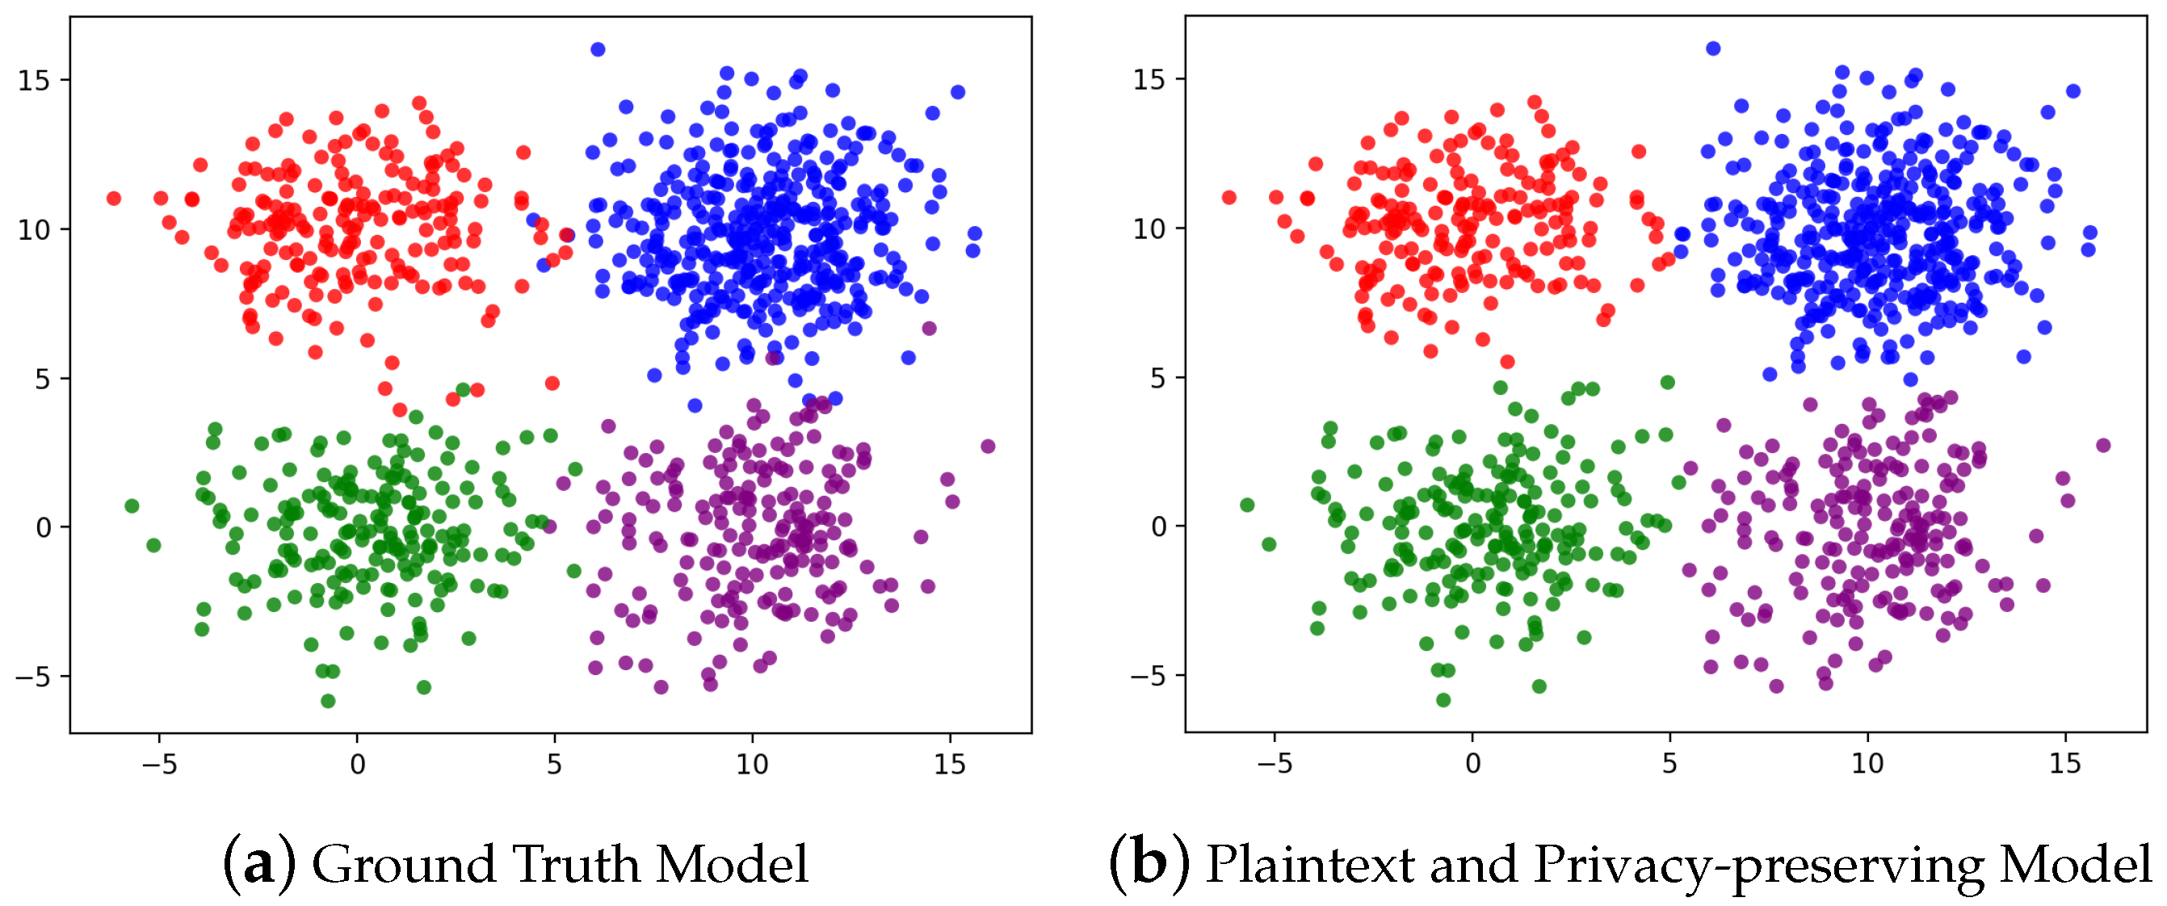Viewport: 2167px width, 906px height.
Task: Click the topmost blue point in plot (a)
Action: pyautogui.click(x=597, y=49)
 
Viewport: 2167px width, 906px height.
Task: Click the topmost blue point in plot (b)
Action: pyautogui.click(x=1713, y=48)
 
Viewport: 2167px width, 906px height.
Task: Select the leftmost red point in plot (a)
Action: pyautogui.click(x=114, y=199)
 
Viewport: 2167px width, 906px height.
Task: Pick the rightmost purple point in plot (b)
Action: pyautogui.click(x=2103, y=445)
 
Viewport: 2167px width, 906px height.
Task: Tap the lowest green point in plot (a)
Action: pyautogui.click(x=328, y=701)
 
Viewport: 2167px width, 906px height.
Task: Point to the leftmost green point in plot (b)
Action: pyautogui.click(x=1247, y=505)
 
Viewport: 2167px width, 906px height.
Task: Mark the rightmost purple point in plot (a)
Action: pyautogui.click(x=988, y=446)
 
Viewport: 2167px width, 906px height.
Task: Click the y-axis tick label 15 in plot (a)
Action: pyautogui.click(x=34, y=81)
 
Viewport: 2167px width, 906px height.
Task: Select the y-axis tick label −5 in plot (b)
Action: pyautogui.click(x=1148, y=676)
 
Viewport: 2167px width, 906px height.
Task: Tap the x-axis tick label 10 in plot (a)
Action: pyautogui.click(x=752, y=764)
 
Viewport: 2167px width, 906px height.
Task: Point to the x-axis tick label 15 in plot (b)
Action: pyautogui.click(x=2065, y=763)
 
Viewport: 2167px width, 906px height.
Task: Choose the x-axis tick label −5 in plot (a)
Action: pyautogui.click(x=158, y=764)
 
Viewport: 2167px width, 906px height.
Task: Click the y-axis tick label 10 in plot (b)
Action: pyautogui.click(x=1149, y=228)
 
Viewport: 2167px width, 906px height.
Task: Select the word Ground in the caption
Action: pyautogui.click(x=403, y=864)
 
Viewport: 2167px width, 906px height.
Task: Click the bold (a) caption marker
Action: pyautogui.click(x=259, y=864)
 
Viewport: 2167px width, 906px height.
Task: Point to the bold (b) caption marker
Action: pyautogui.click(x=1149, y=864)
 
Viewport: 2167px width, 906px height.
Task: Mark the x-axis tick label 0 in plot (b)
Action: pyautogui.click(x=1472, y=763)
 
